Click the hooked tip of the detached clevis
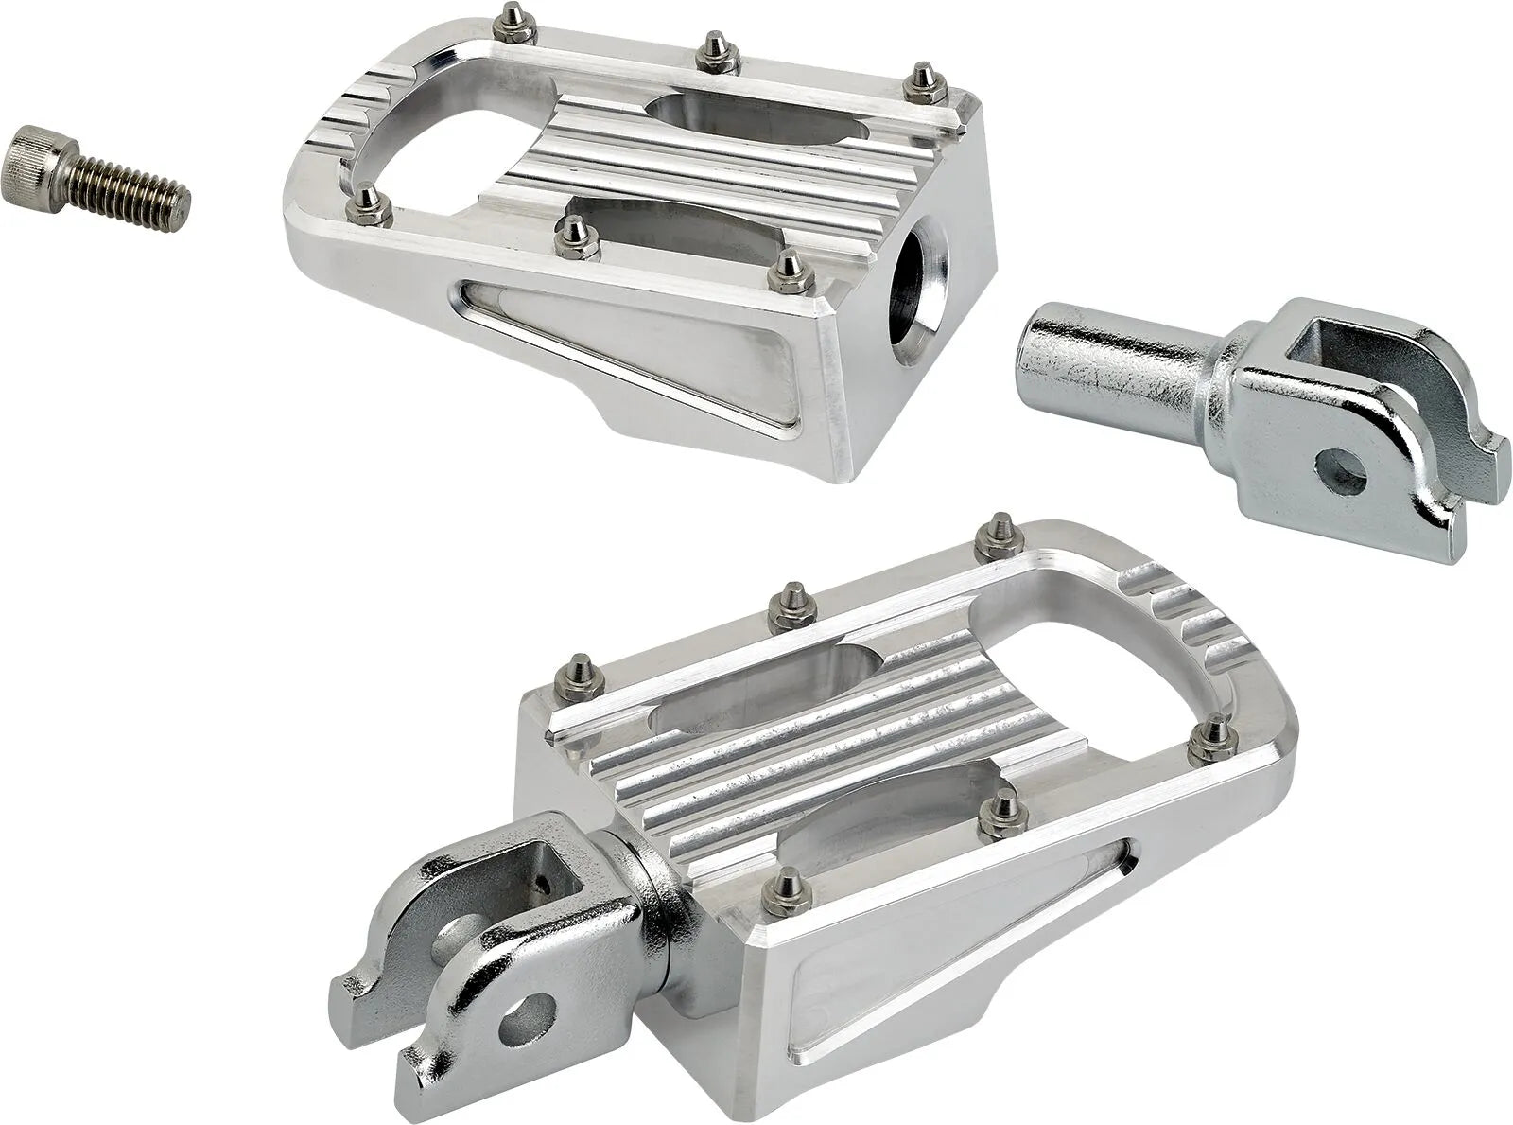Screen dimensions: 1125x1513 pyautogui.click(x=1489, y=445)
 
